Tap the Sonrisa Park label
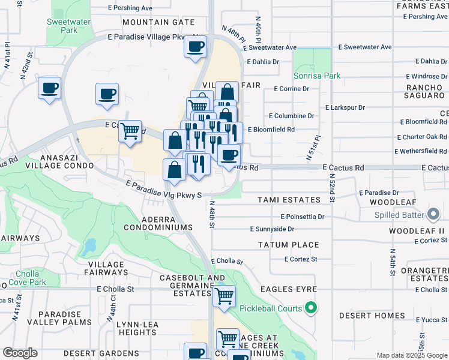tap(317, 76)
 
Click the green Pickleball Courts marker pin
tap(310, 308)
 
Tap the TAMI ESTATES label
tap(289, 200)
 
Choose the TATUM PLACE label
tap(288, 245)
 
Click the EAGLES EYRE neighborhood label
tap(289, 289)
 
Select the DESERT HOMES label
tap(372, 316)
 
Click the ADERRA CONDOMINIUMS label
tap(158, 223)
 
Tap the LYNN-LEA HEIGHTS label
tap(137, 328)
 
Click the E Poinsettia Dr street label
tap(303, 217)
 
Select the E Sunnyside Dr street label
tap(272, 229)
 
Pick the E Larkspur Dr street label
tap(345, 107)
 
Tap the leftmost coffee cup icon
tap(49, 89)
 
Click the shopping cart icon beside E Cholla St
tap(224, 296)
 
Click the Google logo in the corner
tap(20, 353)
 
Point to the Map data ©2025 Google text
tap(412, 355)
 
